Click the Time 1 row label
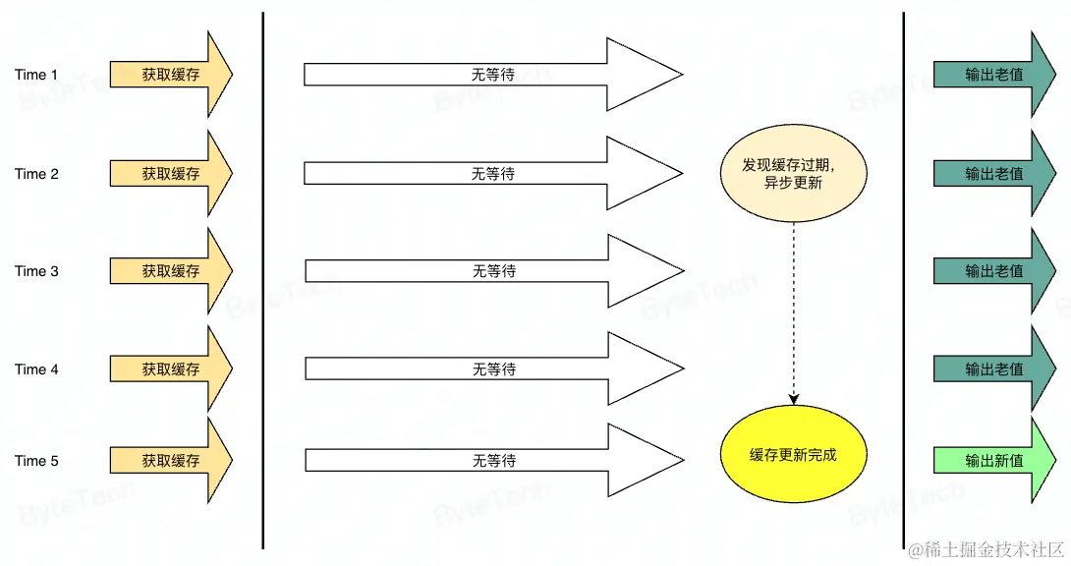click(x=36, y=75)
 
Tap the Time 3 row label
click(x=36, y=271)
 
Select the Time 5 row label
click(x=36, y=461)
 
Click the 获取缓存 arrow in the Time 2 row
click(x=170, y=174)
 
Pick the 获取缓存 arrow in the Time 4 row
click(x=170, y=369)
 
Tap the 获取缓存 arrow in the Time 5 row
click(x=170, y=461)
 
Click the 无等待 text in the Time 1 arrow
click(x=493, y=75)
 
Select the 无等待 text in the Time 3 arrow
click(x=493, y=271)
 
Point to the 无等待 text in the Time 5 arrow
click(x=493, y=461)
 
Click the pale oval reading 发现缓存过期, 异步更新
click(x=793, y=175)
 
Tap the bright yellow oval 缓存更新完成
click(x=793, y=456)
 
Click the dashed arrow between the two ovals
click(x=794, y=314)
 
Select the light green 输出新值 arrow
click(x=993, y=461)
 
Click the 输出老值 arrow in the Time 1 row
click(x=993, y=75)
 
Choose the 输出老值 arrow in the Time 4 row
click(x=993, y=369)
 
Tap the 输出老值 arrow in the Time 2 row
click(x=993, y=174)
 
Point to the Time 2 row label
click(x=36, y=174)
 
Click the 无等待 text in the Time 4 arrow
click(x=493, y=369)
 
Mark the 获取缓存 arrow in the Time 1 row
click(x=170, y=75)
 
